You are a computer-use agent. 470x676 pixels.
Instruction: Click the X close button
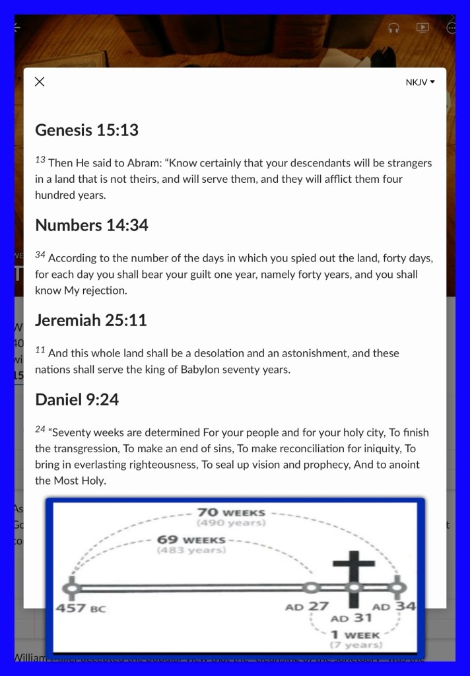(x=40, y=82)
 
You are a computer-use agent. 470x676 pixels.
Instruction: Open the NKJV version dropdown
(x=420, y=83)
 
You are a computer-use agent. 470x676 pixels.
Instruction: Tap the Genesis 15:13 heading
(x=86, y=130)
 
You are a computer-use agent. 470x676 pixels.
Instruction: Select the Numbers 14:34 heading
(x=91, y=225)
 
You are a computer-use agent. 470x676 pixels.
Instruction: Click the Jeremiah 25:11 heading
(x=90, y=320)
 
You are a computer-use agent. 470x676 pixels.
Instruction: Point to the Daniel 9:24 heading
(x=77, y=399)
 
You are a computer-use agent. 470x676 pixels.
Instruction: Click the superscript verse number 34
(x=40, y=255)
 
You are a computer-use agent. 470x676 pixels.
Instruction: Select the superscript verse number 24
(x=40, y=429)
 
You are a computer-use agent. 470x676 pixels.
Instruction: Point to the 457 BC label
(x=80, y=607)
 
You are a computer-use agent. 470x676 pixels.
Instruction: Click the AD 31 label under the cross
(x=351, y=619)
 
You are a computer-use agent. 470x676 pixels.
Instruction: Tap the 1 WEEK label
(x=354, y=634)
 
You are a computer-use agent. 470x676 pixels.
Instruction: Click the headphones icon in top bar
(x=394, y=28)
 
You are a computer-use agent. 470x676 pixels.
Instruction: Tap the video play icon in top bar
(x=422, y=28)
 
